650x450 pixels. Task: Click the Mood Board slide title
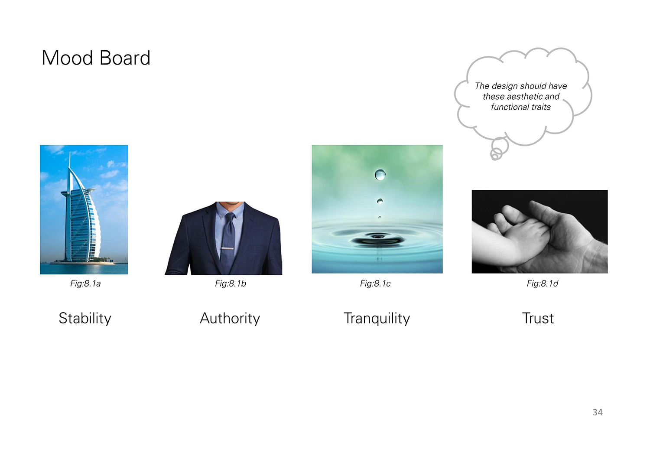(96, 58)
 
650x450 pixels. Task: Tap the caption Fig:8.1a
(85, 284)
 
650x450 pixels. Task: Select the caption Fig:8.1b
(231, 284)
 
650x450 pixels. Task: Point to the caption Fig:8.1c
(375, 284)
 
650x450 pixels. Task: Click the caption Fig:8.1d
(543, 284)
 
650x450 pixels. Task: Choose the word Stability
(85, 319)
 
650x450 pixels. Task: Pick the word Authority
(230, 319)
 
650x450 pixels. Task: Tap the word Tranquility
(377, 319)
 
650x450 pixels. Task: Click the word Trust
(538, 318)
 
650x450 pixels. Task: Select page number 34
(598, 412)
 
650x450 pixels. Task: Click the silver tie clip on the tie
(227, 248)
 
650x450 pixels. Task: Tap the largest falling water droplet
(380, 174)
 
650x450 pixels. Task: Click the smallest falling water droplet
(380, 218)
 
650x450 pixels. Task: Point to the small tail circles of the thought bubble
(496, 153)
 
